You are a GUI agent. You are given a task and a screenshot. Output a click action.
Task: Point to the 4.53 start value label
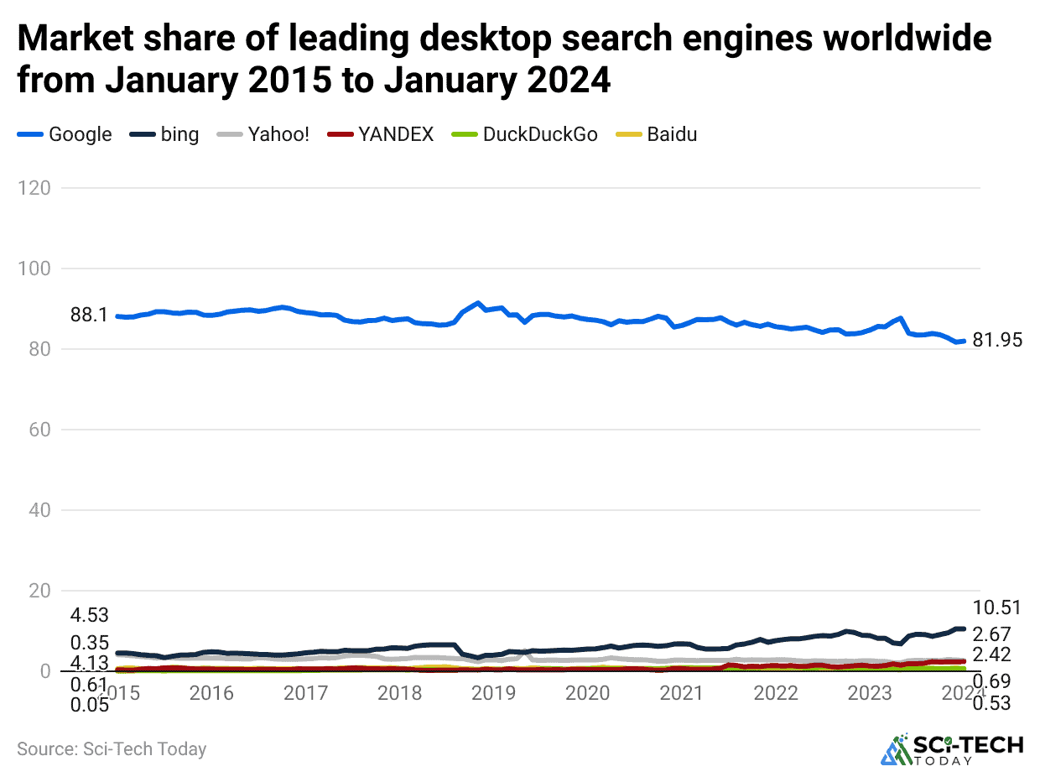90,614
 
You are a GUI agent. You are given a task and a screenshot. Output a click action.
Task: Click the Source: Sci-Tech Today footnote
112,748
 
